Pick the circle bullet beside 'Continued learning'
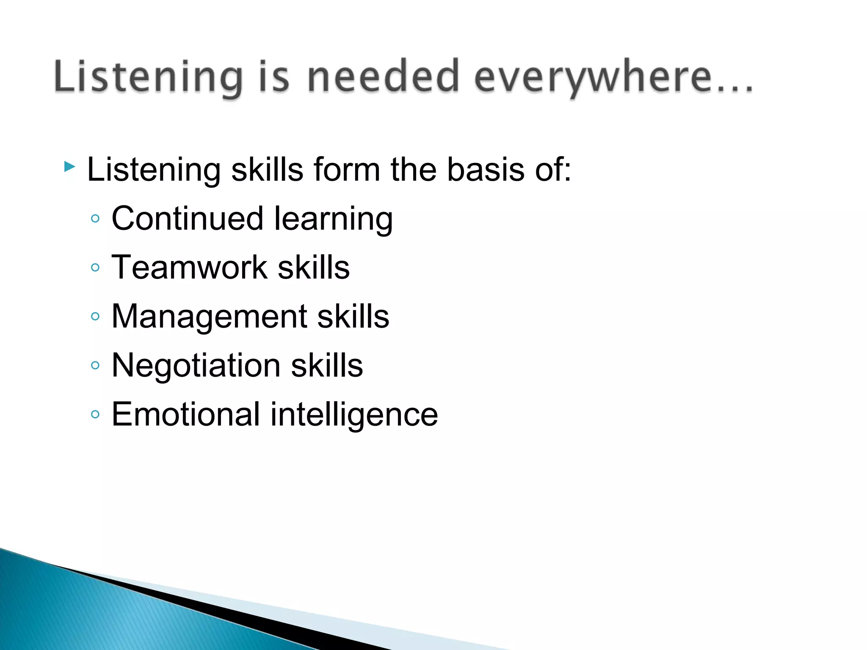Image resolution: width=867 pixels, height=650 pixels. [x=95, y=219]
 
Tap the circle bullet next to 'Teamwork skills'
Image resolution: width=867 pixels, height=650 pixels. [x=95, y=267]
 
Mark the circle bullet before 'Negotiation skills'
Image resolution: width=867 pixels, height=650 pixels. [x=95, y=365]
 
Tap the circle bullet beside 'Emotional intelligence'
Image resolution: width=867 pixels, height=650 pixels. [x=95, y=414]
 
